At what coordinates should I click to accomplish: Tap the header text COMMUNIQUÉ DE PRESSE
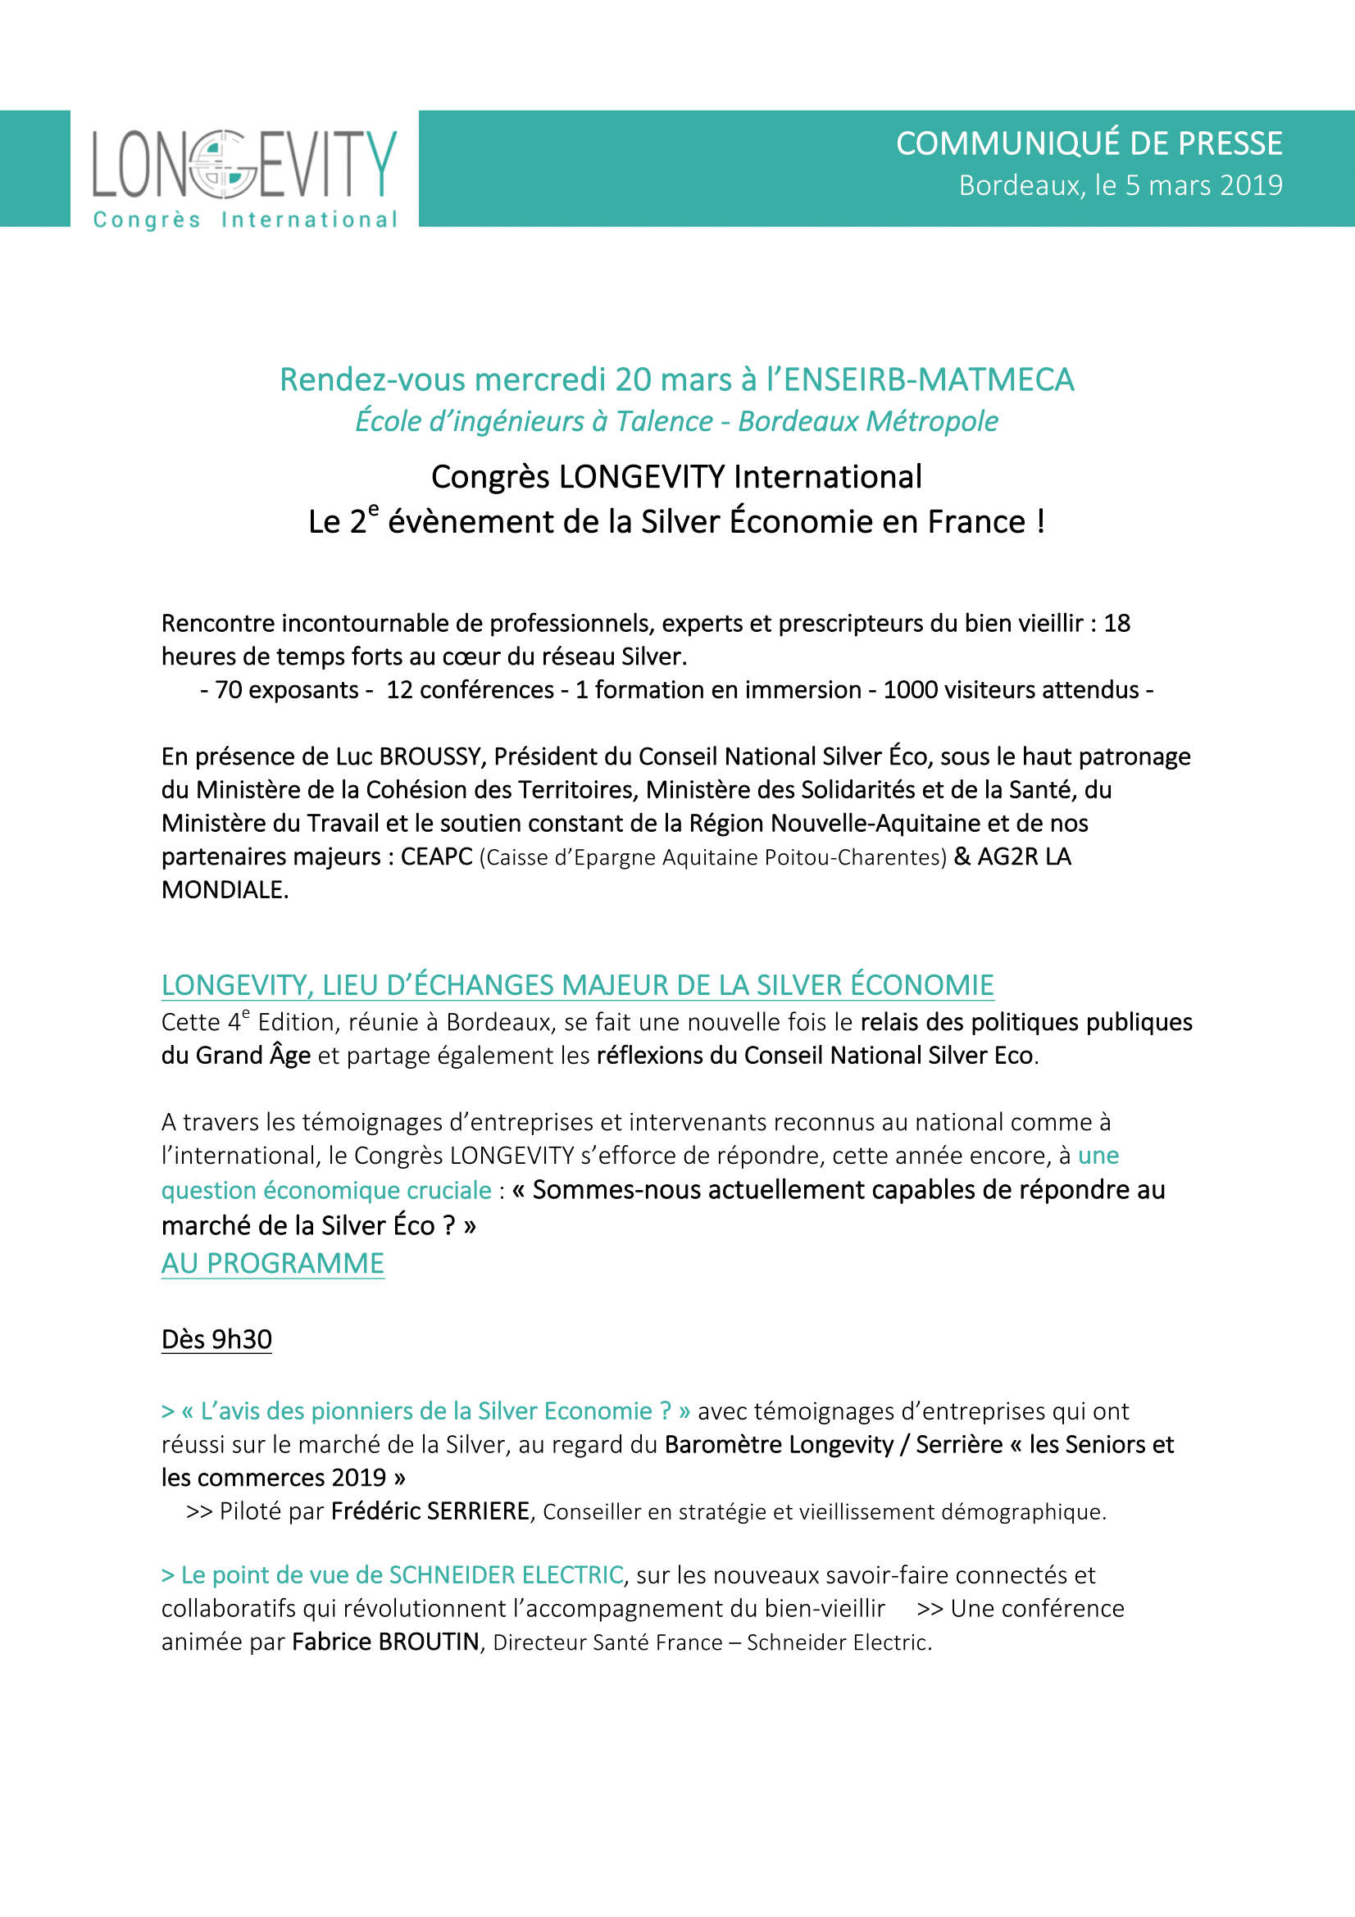tap(1089, 143)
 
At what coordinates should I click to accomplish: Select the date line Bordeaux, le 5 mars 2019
tap(1121, 185)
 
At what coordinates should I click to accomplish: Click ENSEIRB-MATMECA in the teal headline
tap(928, 380)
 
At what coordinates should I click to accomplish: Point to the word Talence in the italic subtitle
tap(665, 421)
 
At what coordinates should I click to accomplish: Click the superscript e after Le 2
tap(373, 508)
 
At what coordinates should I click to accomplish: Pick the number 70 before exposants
tap(228, 690)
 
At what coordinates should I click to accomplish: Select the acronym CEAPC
tap(437, 856)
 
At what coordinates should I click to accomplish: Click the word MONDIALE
tap(224, 890)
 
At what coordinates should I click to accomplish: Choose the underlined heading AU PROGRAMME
tap(272, 1264)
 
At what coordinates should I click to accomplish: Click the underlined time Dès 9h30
tap(216, 1339)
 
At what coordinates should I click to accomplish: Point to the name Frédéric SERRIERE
tap(430, 1511)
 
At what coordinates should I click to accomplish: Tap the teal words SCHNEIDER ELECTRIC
tap(506, 1574)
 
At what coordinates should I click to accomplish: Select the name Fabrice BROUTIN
tap(386, 1642)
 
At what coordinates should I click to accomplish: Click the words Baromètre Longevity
tap(778, 1444)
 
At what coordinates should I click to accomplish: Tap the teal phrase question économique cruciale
tap(325, 1190)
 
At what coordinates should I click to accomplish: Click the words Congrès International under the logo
tap(244, 220)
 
